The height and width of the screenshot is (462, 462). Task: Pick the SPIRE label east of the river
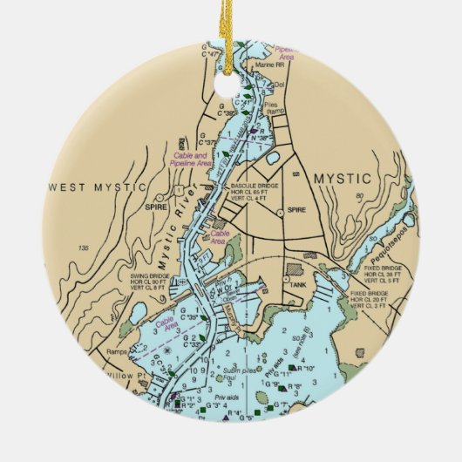click(296, 210)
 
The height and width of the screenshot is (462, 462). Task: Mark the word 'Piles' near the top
click(270, 100)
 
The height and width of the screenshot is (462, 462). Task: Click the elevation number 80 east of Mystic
click(359, 196)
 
